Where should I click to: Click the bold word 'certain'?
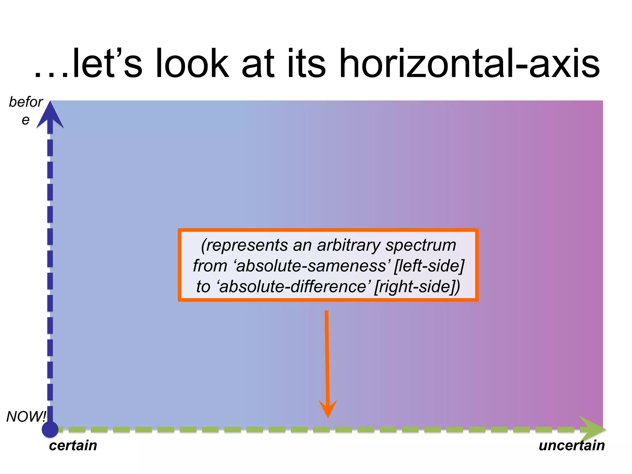click(73, 446)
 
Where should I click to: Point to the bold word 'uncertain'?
click(572, 446)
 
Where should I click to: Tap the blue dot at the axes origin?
click(50, 429)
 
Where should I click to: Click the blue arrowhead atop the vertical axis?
click(50, 116)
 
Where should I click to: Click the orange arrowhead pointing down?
click(328, 409)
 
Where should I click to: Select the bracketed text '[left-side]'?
click(429, 266)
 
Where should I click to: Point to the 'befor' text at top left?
click(26, 102)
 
